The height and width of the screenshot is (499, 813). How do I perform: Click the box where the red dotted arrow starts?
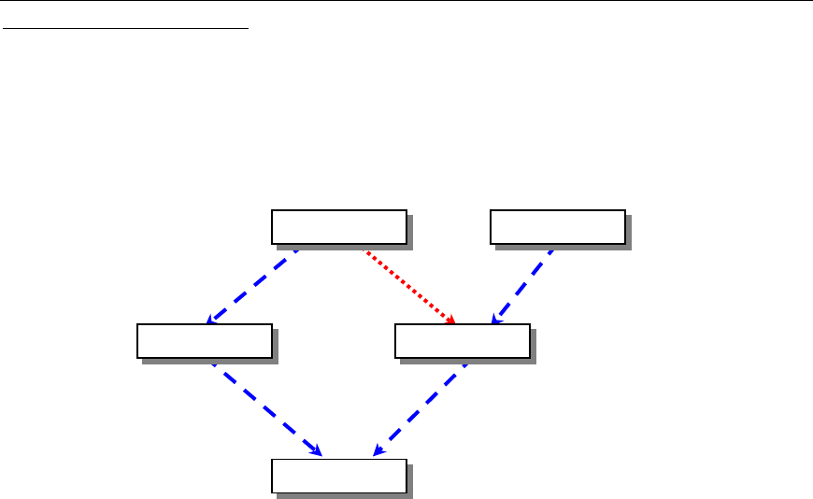(338, 226)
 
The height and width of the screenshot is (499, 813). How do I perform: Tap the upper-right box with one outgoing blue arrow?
(558, 226)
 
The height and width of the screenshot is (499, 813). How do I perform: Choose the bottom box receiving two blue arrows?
(338, 475)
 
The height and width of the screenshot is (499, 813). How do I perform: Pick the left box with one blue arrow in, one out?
(204, 340)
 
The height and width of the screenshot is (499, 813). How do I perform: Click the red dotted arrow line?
(407, 285)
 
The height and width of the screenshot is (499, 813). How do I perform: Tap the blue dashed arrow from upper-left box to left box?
(252, 285)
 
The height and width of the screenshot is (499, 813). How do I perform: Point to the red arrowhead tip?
(454, 323)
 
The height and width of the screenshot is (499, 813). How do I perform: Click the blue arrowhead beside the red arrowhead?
(496, 321)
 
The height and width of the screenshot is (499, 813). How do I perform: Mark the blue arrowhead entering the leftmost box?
(209, 321)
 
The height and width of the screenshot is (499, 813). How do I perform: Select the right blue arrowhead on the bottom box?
(376, 452)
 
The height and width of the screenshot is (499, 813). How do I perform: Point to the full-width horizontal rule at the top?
(406, 2)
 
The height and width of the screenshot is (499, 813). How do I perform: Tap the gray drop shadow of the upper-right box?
(628, 231)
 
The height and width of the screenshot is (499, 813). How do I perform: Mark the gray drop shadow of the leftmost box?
(275, 345)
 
